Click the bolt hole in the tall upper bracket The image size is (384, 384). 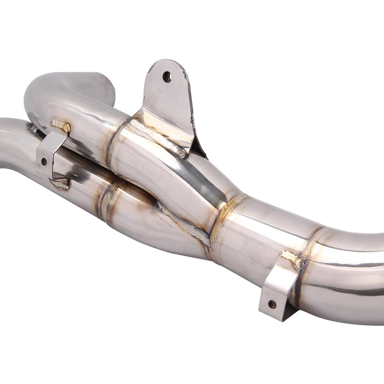[x=167, y=77]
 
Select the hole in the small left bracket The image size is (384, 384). [x=44, y=161]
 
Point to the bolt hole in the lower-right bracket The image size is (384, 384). [x=272, y=304]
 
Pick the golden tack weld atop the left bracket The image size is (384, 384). [x=61, y=126]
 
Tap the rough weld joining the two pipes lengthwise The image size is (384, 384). [x=182, y=223]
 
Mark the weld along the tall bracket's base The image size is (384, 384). [x=158, y=137]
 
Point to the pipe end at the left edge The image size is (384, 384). [x=7, y=144]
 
